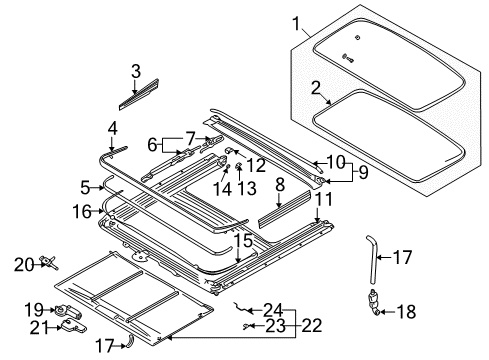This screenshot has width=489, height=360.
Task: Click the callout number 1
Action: (296, 22)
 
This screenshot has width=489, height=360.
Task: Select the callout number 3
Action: (136, 70)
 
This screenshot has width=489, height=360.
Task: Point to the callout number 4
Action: (113, 127)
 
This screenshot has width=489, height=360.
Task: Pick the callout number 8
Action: (280, 185)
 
